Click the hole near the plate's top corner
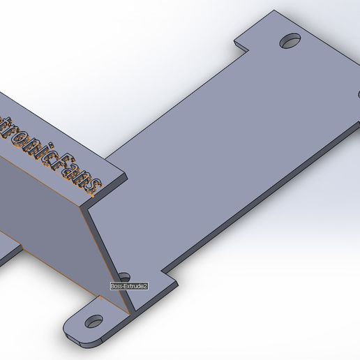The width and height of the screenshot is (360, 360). [x=290, y=41]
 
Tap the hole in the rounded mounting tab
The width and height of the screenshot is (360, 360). [x=93, y=322]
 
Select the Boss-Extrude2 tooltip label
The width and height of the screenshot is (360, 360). [x=129, y=286]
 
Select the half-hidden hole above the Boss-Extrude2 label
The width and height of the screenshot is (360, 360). [x=124, y=278]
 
